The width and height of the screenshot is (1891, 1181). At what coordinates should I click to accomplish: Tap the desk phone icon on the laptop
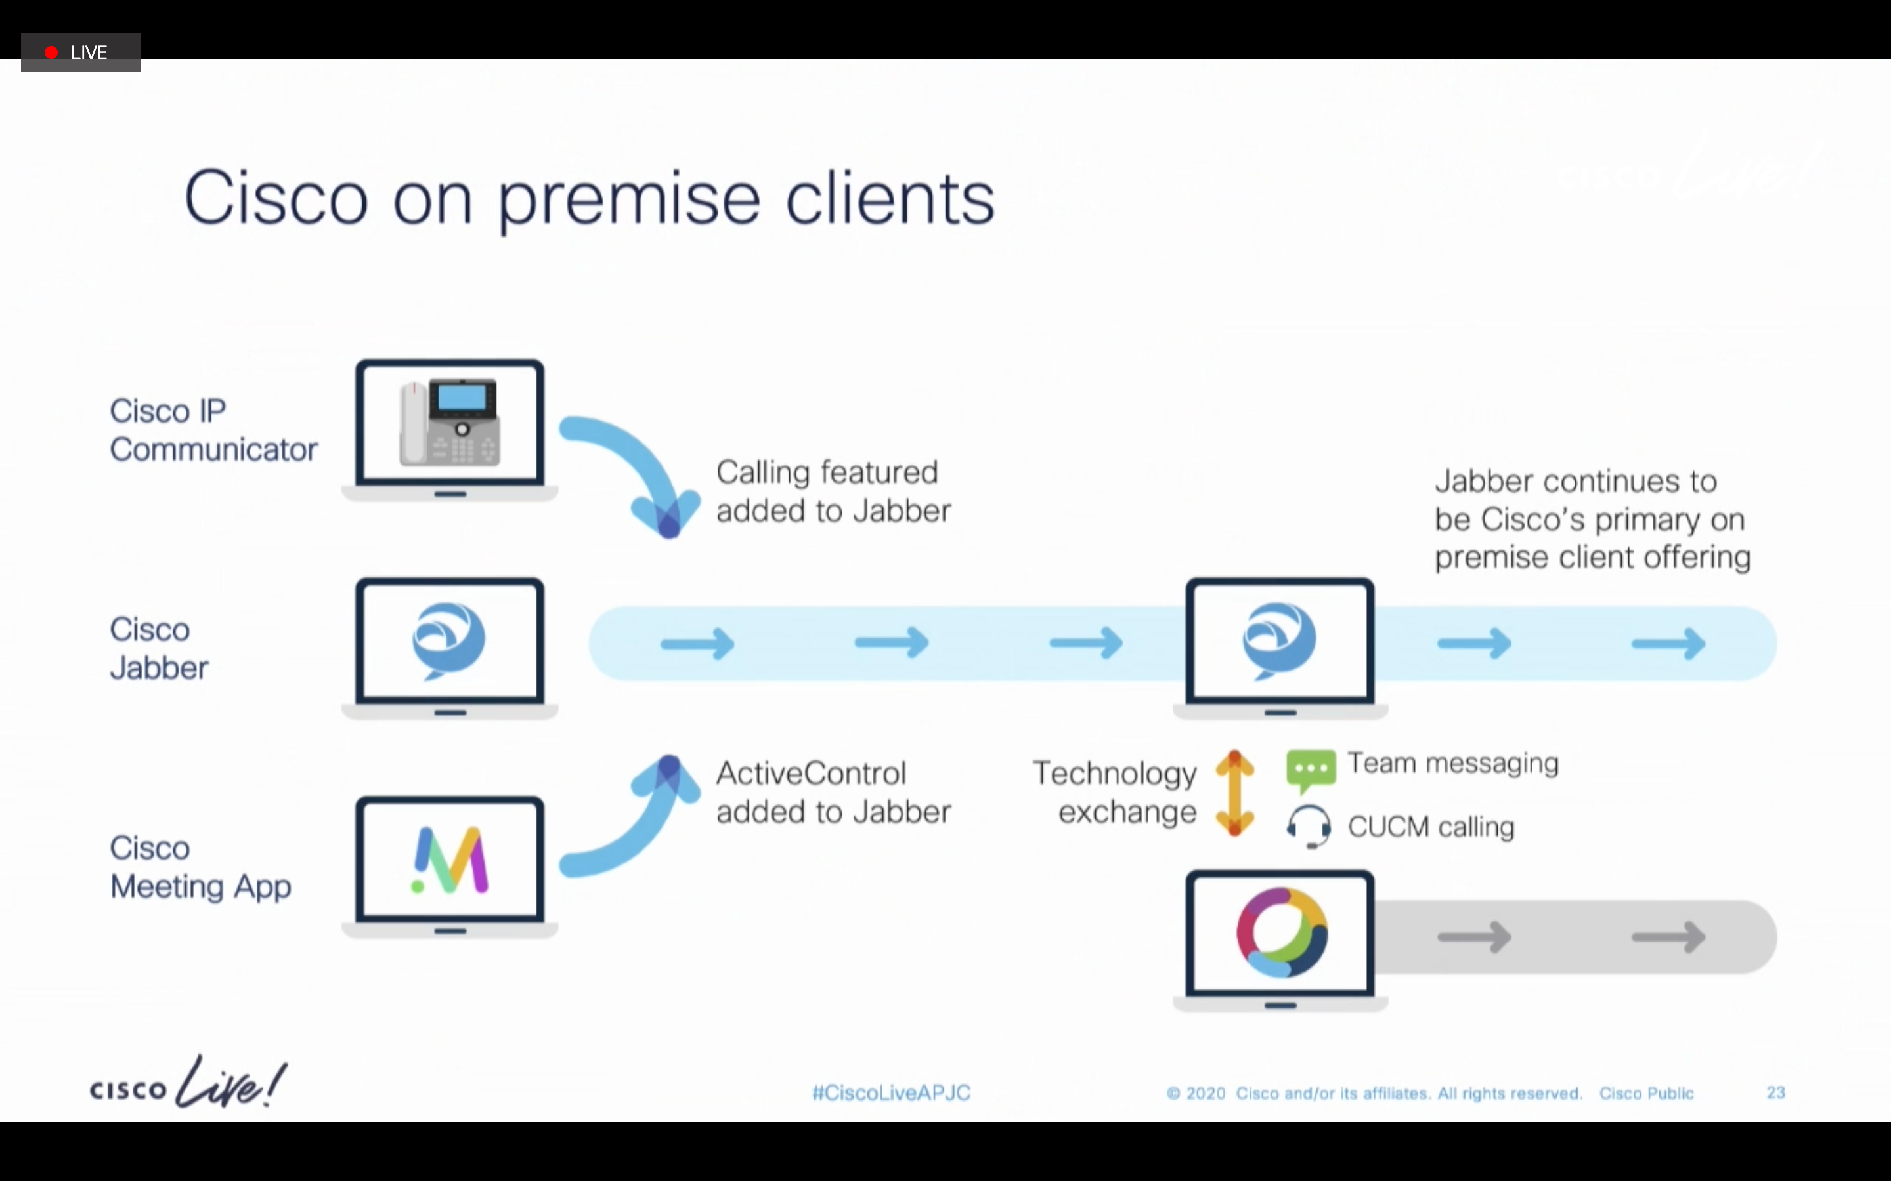(449, 423)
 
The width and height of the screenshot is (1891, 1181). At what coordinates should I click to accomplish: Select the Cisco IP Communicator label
(213, 430)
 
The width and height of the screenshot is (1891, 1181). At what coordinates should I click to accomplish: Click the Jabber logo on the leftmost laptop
(448, 641)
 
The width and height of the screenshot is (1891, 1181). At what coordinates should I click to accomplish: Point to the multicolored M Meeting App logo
(450, 860)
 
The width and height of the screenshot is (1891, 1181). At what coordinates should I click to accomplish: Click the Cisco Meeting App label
(201, 867)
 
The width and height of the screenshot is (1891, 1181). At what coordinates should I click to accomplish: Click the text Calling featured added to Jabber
(833, 491)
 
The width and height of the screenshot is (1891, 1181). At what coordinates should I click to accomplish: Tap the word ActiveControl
(811, 774)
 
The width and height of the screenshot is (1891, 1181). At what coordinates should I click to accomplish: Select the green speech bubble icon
(1311, 770)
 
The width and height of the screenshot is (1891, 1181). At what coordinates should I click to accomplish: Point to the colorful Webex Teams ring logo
(1282, 932)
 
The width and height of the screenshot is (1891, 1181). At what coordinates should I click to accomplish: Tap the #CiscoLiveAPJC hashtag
(891, 1092)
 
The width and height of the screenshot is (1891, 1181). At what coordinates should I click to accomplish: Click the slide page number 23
(1776, 1092)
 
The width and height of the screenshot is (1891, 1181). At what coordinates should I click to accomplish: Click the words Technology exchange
(1115, 793)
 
